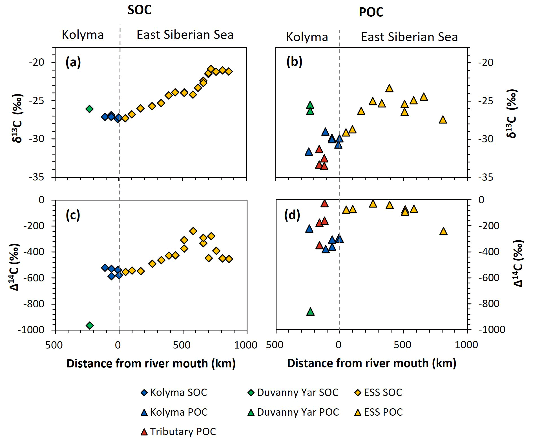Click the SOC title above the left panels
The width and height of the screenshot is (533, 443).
click(140, 10)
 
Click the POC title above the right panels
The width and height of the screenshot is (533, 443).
click(371, 12)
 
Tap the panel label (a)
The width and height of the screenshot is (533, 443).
click(73, 62)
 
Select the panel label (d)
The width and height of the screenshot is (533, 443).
click(292, 215)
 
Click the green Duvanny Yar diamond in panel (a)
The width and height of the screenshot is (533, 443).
click(90, 109)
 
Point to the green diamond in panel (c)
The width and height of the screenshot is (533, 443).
click(90, 325)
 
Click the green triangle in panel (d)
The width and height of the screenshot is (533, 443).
click(310, 312)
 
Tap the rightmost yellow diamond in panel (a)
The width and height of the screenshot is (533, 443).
click(229, 71)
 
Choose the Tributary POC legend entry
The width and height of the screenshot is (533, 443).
click(178, 431)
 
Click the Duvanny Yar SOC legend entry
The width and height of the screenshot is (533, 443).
click(293, 392)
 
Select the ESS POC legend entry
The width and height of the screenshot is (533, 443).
click(379, 412)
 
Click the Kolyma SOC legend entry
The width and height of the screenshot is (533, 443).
click(174, 392)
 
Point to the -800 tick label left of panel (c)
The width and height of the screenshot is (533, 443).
click(34, 304)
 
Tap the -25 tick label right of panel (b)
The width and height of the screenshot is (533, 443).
click(486, 101)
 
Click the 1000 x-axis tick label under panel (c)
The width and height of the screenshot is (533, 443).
click(246, 345)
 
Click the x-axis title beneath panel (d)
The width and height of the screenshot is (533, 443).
click(371, 363)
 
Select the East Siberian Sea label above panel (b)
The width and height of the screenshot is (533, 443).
click(409, 37)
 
